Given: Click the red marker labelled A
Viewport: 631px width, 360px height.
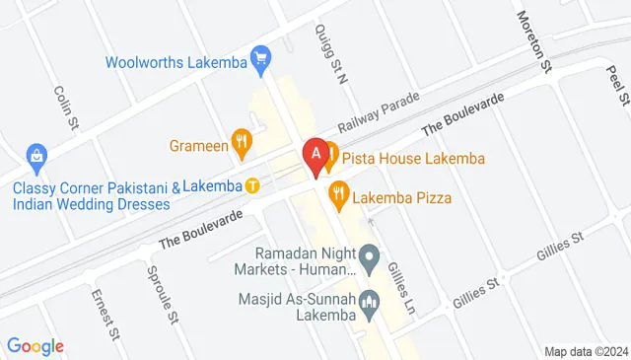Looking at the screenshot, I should pyautogui.click(x=315, y=156).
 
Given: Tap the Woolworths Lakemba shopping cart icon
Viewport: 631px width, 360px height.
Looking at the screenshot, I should pyautogui.click(x=260, y=60).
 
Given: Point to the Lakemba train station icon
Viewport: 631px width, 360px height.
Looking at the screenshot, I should pyautogui.click(x=252, y=184).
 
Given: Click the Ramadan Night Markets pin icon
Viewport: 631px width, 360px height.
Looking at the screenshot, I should pyautogui.click(x=370, y=261).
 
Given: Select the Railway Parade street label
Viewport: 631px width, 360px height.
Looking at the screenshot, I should pyautogui.click(x=379, y=112).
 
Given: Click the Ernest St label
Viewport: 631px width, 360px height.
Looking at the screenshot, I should pyautogui.click(x=105, y=314).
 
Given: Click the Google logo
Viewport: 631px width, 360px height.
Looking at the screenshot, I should pyautogui.click(x=35, y=346).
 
